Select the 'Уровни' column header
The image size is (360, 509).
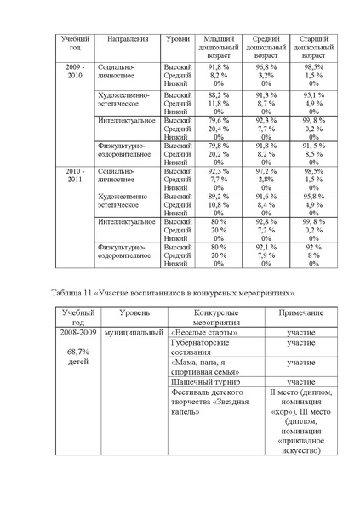point(177,39)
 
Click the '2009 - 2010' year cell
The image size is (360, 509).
point(75,71)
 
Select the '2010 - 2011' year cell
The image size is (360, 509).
point(75,175)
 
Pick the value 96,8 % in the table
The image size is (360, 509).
point(266,66)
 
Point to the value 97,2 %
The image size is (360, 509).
point(266,171)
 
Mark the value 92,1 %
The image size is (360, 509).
point(266,247)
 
